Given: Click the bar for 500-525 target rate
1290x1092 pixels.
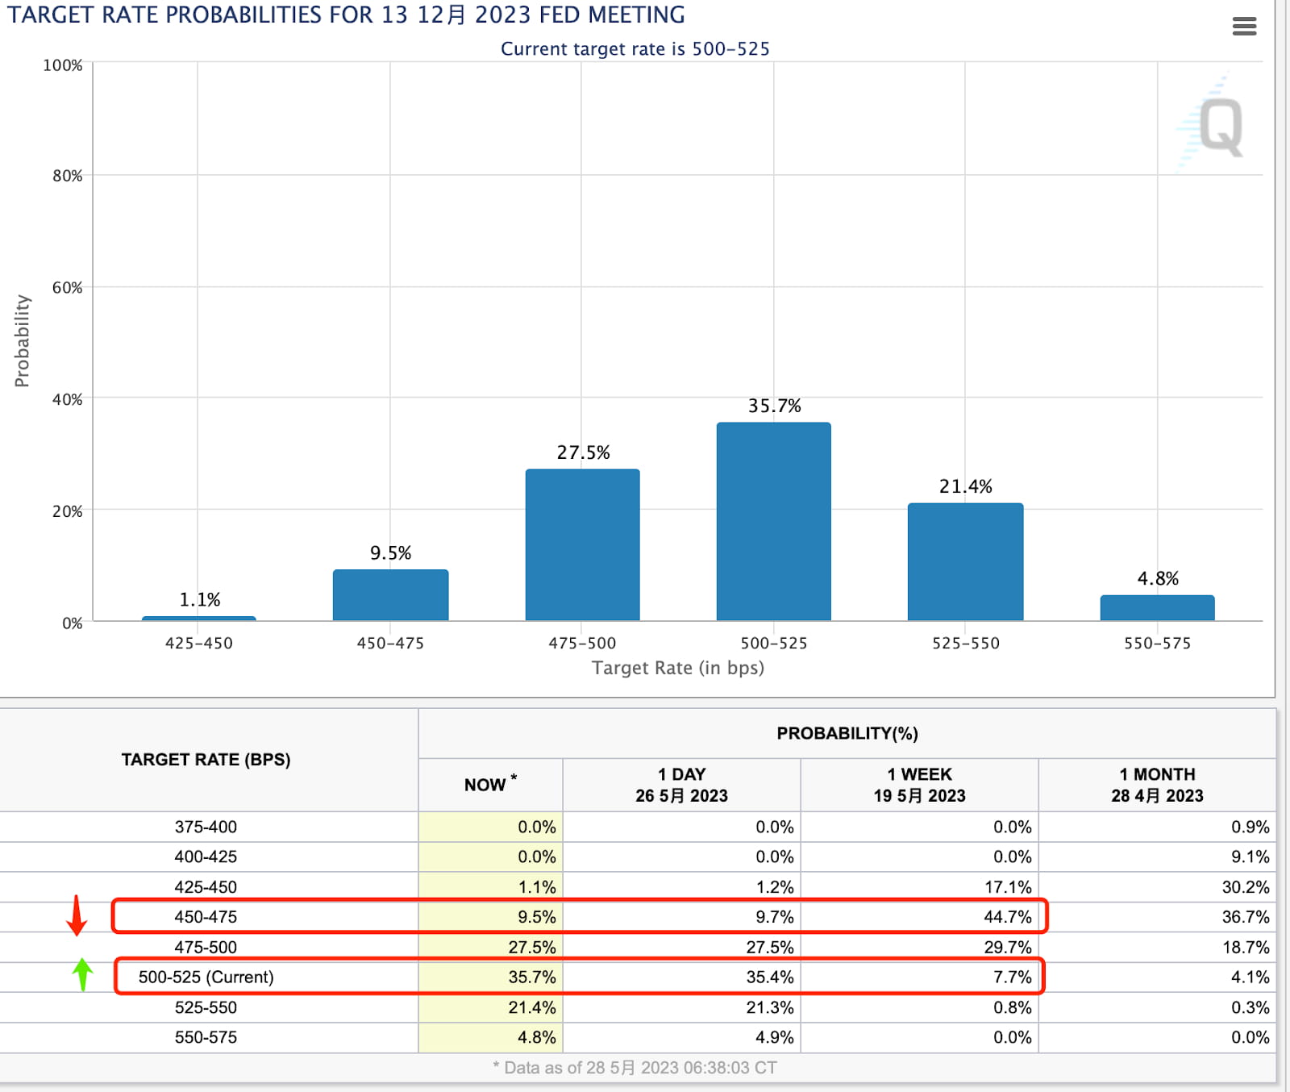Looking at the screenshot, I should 773,521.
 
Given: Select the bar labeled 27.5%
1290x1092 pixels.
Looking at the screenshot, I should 582,544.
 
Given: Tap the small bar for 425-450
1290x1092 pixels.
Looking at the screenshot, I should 198,618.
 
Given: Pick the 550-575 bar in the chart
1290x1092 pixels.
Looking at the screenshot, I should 1157,607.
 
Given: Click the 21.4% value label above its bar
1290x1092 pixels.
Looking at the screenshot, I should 965,486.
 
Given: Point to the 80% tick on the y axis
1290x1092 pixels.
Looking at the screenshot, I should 68,176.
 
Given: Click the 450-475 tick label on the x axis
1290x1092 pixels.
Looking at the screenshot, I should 390,643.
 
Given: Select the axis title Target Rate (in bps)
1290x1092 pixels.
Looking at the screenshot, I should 677,668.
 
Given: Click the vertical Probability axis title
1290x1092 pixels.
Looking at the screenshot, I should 22,340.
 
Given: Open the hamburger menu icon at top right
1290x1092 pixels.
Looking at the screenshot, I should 1244,27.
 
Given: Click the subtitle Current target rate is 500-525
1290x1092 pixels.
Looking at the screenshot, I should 635,49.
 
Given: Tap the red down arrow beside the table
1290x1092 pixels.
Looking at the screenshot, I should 77,915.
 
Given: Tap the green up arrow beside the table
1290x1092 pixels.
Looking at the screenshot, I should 82,974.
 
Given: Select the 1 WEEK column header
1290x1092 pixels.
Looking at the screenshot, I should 919,785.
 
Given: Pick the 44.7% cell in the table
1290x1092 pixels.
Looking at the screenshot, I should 1007,917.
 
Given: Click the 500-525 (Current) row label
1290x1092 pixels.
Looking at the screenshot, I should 206,977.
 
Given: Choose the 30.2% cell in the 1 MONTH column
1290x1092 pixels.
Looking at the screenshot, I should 1245,887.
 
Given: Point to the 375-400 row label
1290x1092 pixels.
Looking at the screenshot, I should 206,827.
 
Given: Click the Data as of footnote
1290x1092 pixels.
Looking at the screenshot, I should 635,1068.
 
